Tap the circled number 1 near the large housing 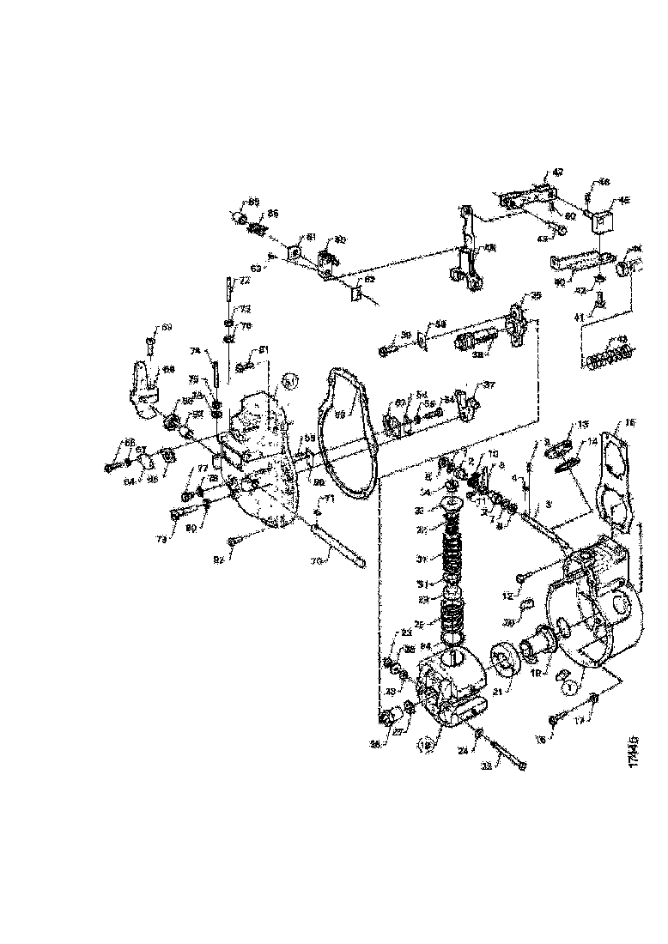568,687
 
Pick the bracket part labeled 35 516,322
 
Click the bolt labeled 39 386,348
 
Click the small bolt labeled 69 149,347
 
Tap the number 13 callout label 583,425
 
